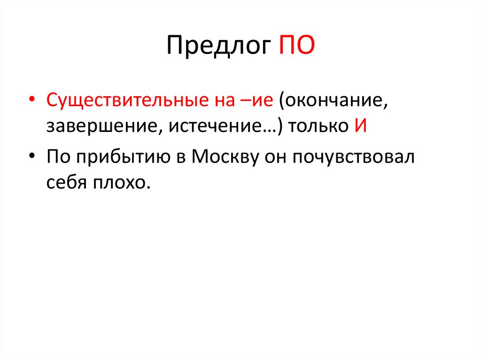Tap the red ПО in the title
(297, 46)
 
